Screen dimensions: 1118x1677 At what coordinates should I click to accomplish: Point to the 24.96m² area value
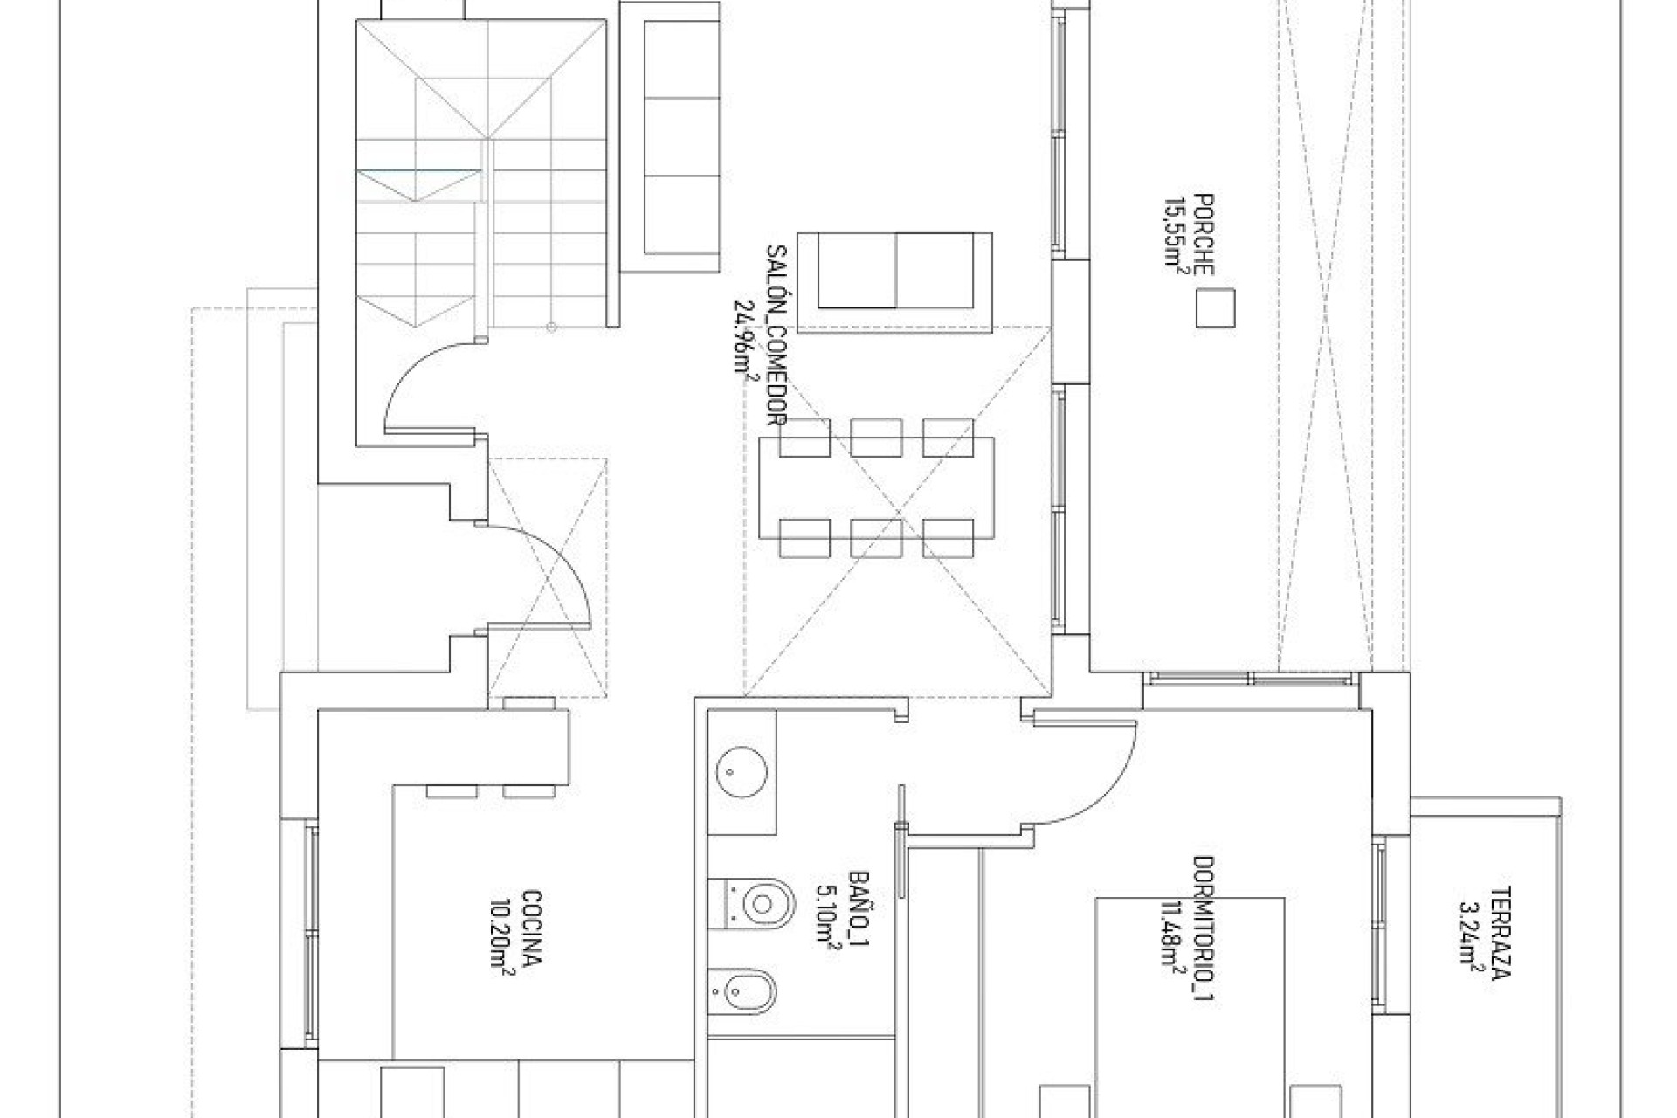pos(745,336)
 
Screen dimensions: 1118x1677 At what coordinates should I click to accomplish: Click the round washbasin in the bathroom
pos(741,771)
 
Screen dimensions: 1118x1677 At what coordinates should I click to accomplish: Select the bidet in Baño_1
pos(758,990)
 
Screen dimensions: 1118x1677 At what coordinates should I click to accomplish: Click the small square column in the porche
pos(1215,308)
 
